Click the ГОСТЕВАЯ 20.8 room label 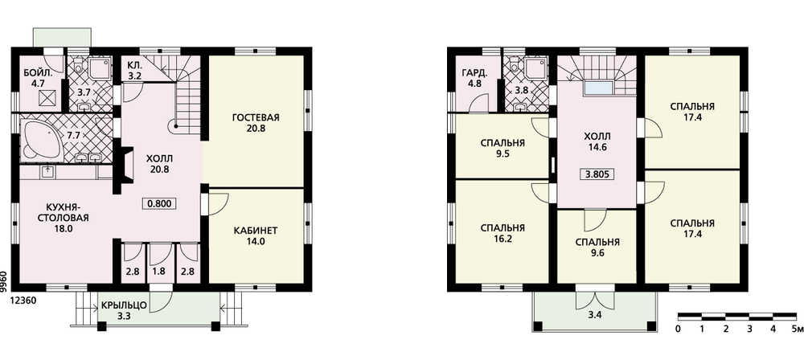[256, 123]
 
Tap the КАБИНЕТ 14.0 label [256, 236]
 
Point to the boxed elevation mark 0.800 [159, 203]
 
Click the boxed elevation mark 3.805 [597, 174]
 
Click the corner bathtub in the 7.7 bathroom [40, 140]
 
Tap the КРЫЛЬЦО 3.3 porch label [124, 311]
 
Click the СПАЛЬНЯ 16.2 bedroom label [503, 233]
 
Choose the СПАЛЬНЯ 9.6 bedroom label [597, 247]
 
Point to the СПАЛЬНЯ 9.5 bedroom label [503, 148]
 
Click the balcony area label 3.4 [595, 315]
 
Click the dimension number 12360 [22, 301]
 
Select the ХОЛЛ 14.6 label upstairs [597, 141]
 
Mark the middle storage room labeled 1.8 [159, 272]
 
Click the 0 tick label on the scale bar [679, 329]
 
